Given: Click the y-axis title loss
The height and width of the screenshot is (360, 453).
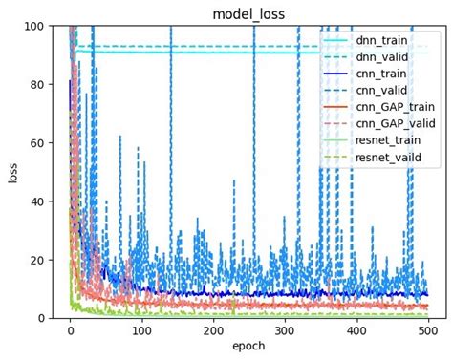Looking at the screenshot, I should tap(14, 172).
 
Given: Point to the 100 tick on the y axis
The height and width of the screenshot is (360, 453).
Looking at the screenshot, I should tap(35, 26).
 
